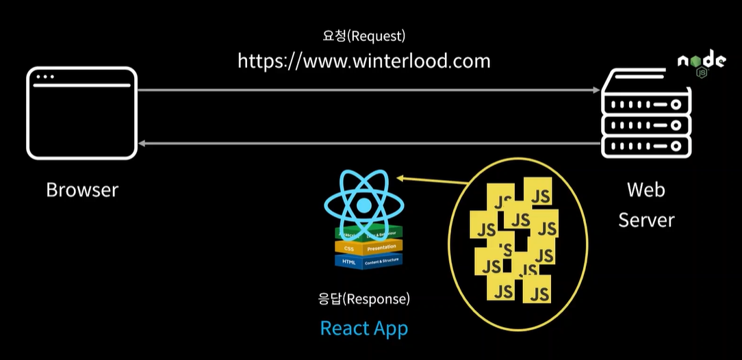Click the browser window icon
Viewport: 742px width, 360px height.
click(81, 113)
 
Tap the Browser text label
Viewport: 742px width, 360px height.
click(82, 190)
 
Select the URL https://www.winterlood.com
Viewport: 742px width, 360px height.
click(363, 61)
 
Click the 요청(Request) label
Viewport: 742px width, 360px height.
click(363, 36)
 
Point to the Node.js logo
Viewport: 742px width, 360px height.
click(701, 64)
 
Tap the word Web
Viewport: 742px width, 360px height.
click(646, 190)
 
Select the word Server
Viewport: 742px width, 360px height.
click(646, 220)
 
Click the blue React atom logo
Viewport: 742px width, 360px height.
click(363, 203)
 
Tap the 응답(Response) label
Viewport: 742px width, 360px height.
click(363, 299)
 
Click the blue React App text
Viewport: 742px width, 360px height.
click(363, 329)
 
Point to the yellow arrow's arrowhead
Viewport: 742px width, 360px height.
click(400, 179)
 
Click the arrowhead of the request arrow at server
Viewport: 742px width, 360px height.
click(595, 90)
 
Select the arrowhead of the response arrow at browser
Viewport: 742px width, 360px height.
click(142, 143)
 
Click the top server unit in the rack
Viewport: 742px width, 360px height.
click(644, 105)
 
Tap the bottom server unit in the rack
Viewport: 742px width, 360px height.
click(644, 146)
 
